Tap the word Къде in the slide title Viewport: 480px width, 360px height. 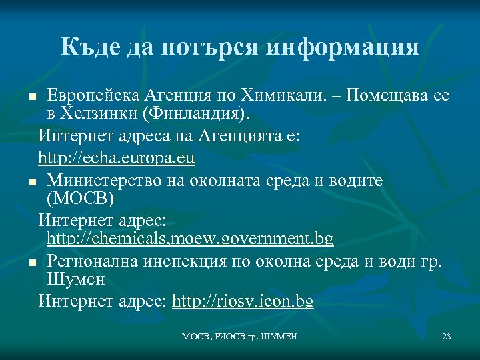click(x=87, y=47)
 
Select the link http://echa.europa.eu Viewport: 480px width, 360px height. click(x=117, y=159)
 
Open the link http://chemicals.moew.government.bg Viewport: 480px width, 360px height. click(x=190, y=238)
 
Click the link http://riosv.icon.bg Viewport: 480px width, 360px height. click(x=243, y=301)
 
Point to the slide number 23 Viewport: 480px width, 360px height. click(x=447, y=337)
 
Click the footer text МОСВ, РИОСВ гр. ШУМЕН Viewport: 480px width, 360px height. click(x=240, y=337)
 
